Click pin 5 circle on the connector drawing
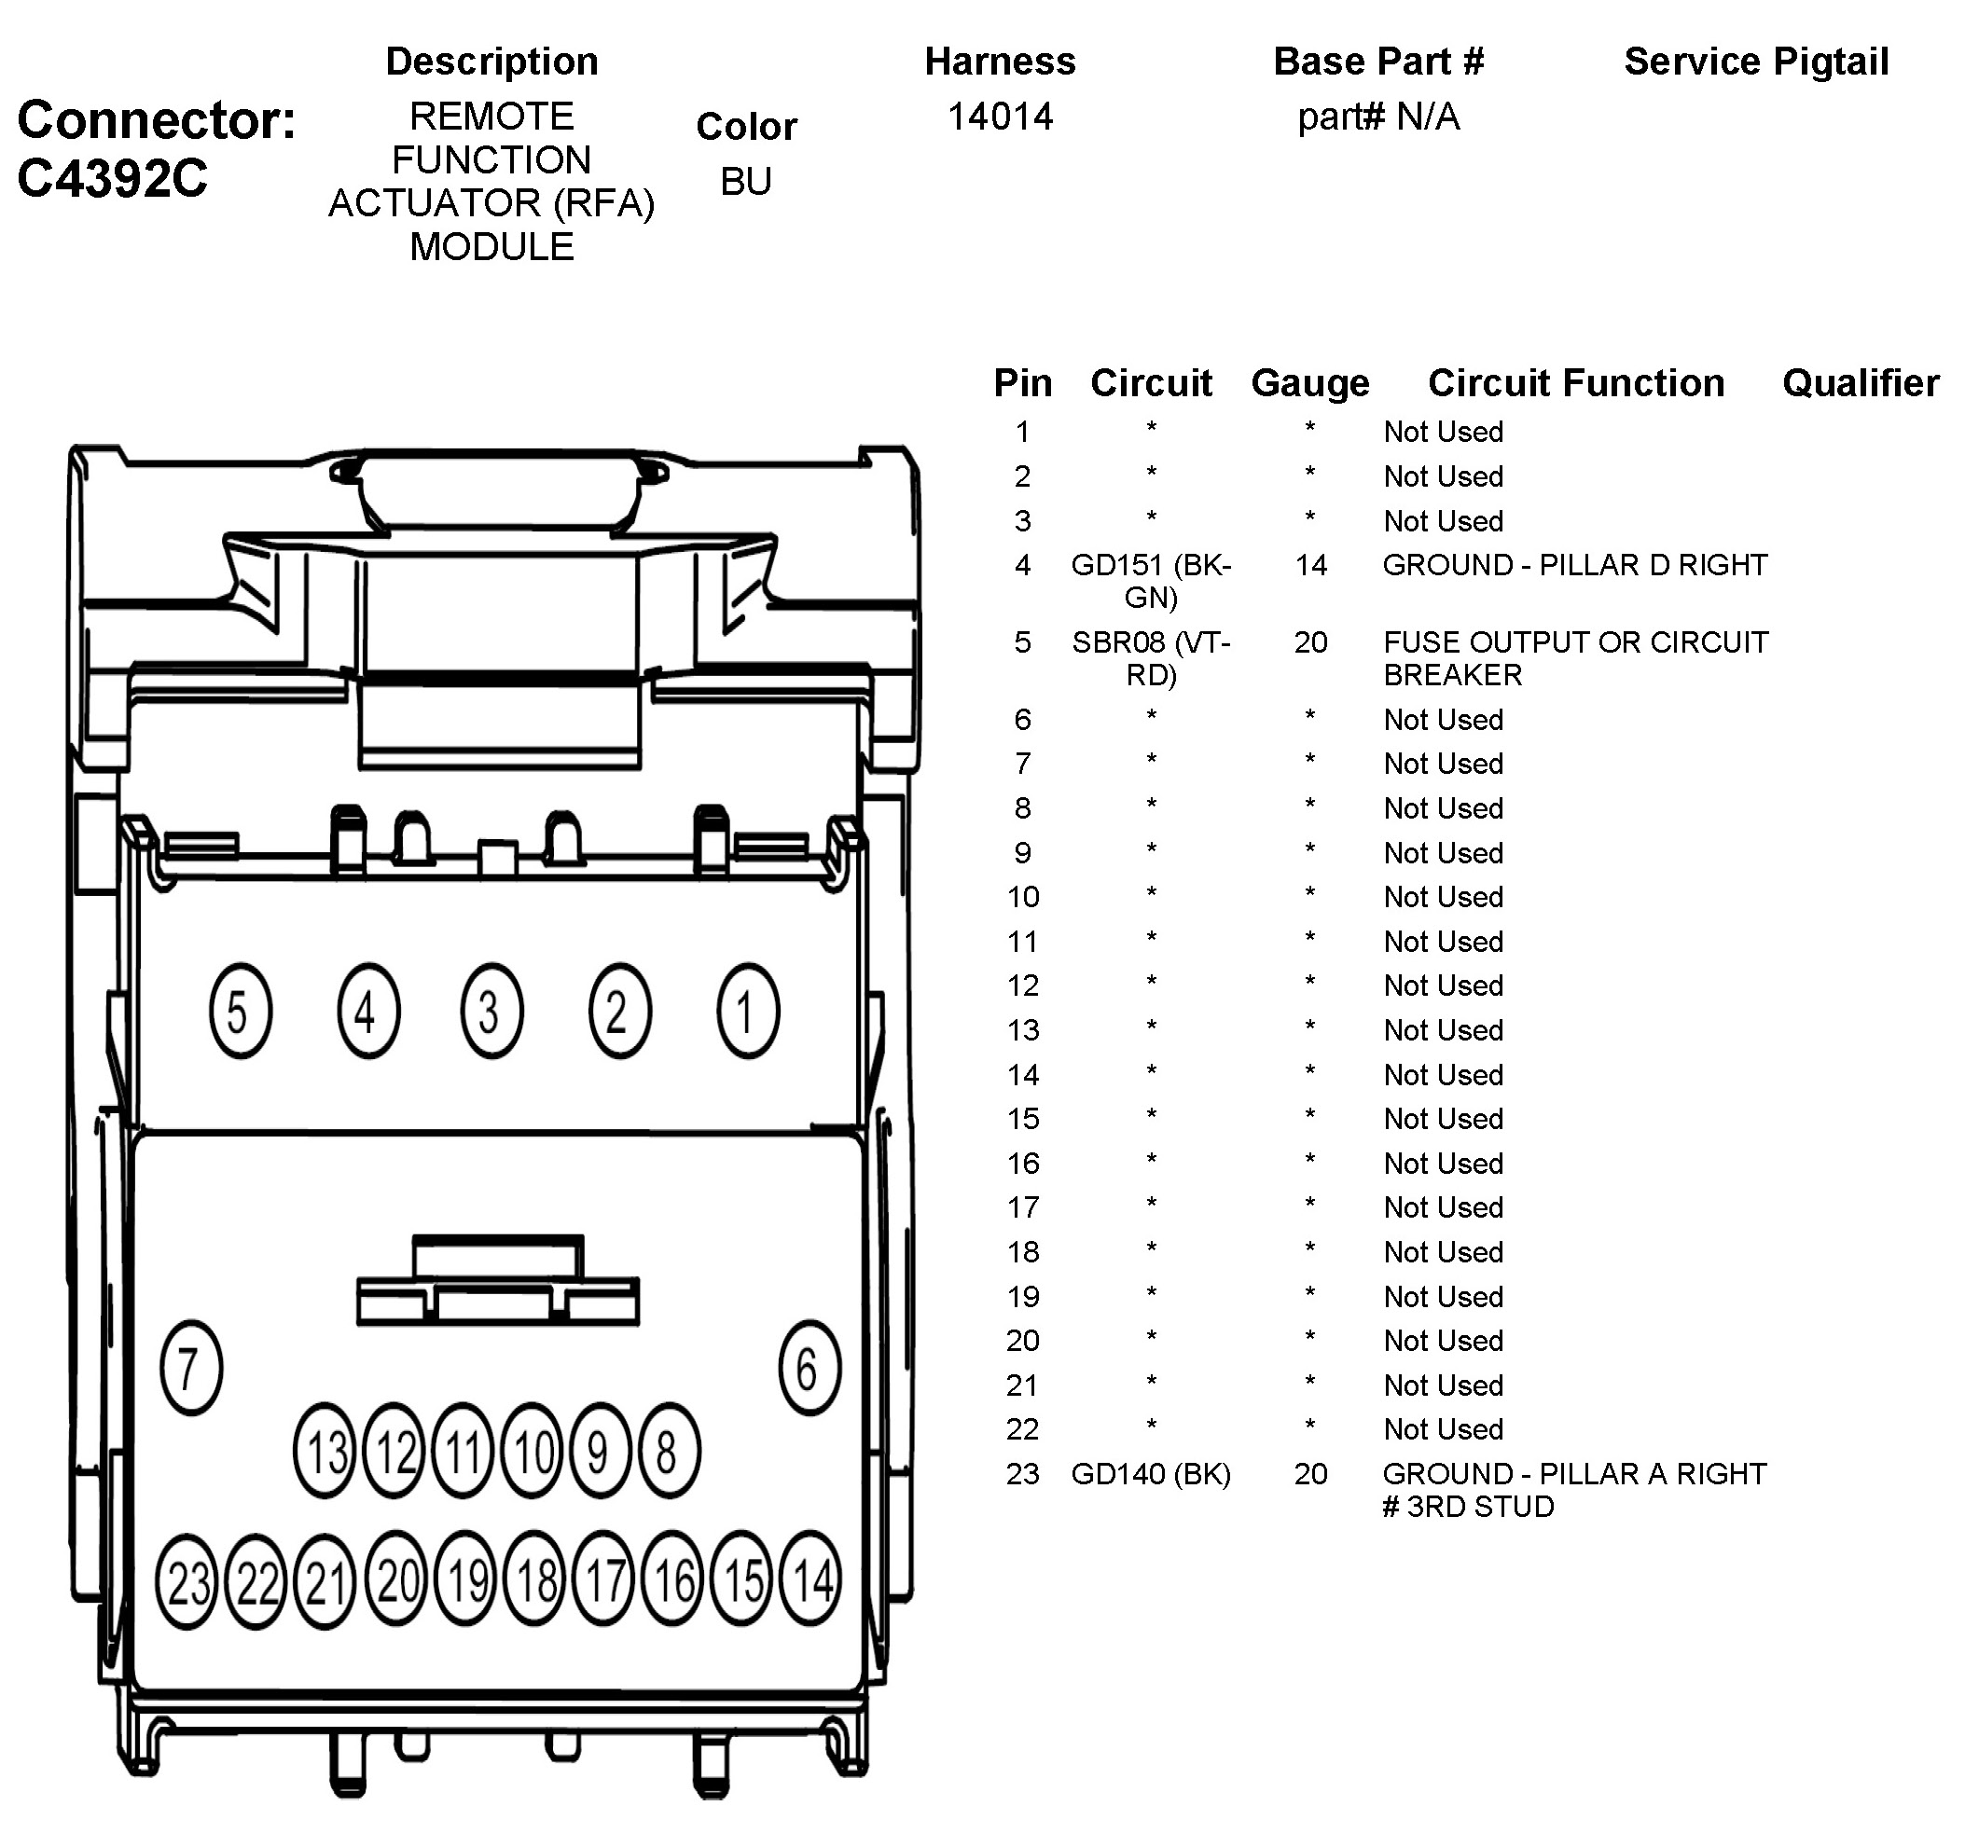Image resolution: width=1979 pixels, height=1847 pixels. (x=240, y=1011)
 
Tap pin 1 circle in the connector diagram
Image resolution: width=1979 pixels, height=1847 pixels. (x=748, y=1011)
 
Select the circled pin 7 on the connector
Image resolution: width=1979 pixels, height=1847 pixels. (x=190, y=1368)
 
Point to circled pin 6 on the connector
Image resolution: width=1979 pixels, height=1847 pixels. (x=810, y=1368)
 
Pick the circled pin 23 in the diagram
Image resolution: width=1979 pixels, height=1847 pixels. (x=187, y=1580)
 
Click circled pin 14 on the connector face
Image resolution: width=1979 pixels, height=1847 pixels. (x=811, y=1578)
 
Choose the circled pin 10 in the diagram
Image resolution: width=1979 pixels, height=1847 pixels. (x=533, y=1451)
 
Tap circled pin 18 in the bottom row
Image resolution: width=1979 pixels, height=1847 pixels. (x=535, y=1578)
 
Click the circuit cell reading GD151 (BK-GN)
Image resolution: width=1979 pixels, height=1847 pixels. (x=1151, y=581)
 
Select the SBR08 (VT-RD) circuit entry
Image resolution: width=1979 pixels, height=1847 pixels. (x=1151, y=659)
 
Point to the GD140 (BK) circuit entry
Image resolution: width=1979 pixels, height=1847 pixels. (x=1151, y=1474)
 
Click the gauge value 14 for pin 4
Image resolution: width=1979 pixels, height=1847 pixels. (x=1310, y=565)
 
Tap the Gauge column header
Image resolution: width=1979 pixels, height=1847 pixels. (x=1310, y=383)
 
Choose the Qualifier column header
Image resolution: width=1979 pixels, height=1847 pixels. (x=1860, y=383)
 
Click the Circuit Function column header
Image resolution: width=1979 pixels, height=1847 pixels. (x=1576, y=383)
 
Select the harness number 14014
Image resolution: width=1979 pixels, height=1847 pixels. (x=1000, y=117)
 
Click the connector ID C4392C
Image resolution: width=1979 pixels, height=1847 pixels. (x=113, y=179)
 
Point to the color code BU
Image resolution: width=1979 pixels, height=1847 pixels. (x=745, y=181)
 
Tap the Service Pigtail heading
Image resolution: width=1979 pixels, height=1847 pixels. (x=1756, y=62)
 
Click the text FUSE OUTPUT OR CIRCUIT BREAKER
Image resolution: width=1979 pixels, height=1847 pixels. (x=1575, y=659)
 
